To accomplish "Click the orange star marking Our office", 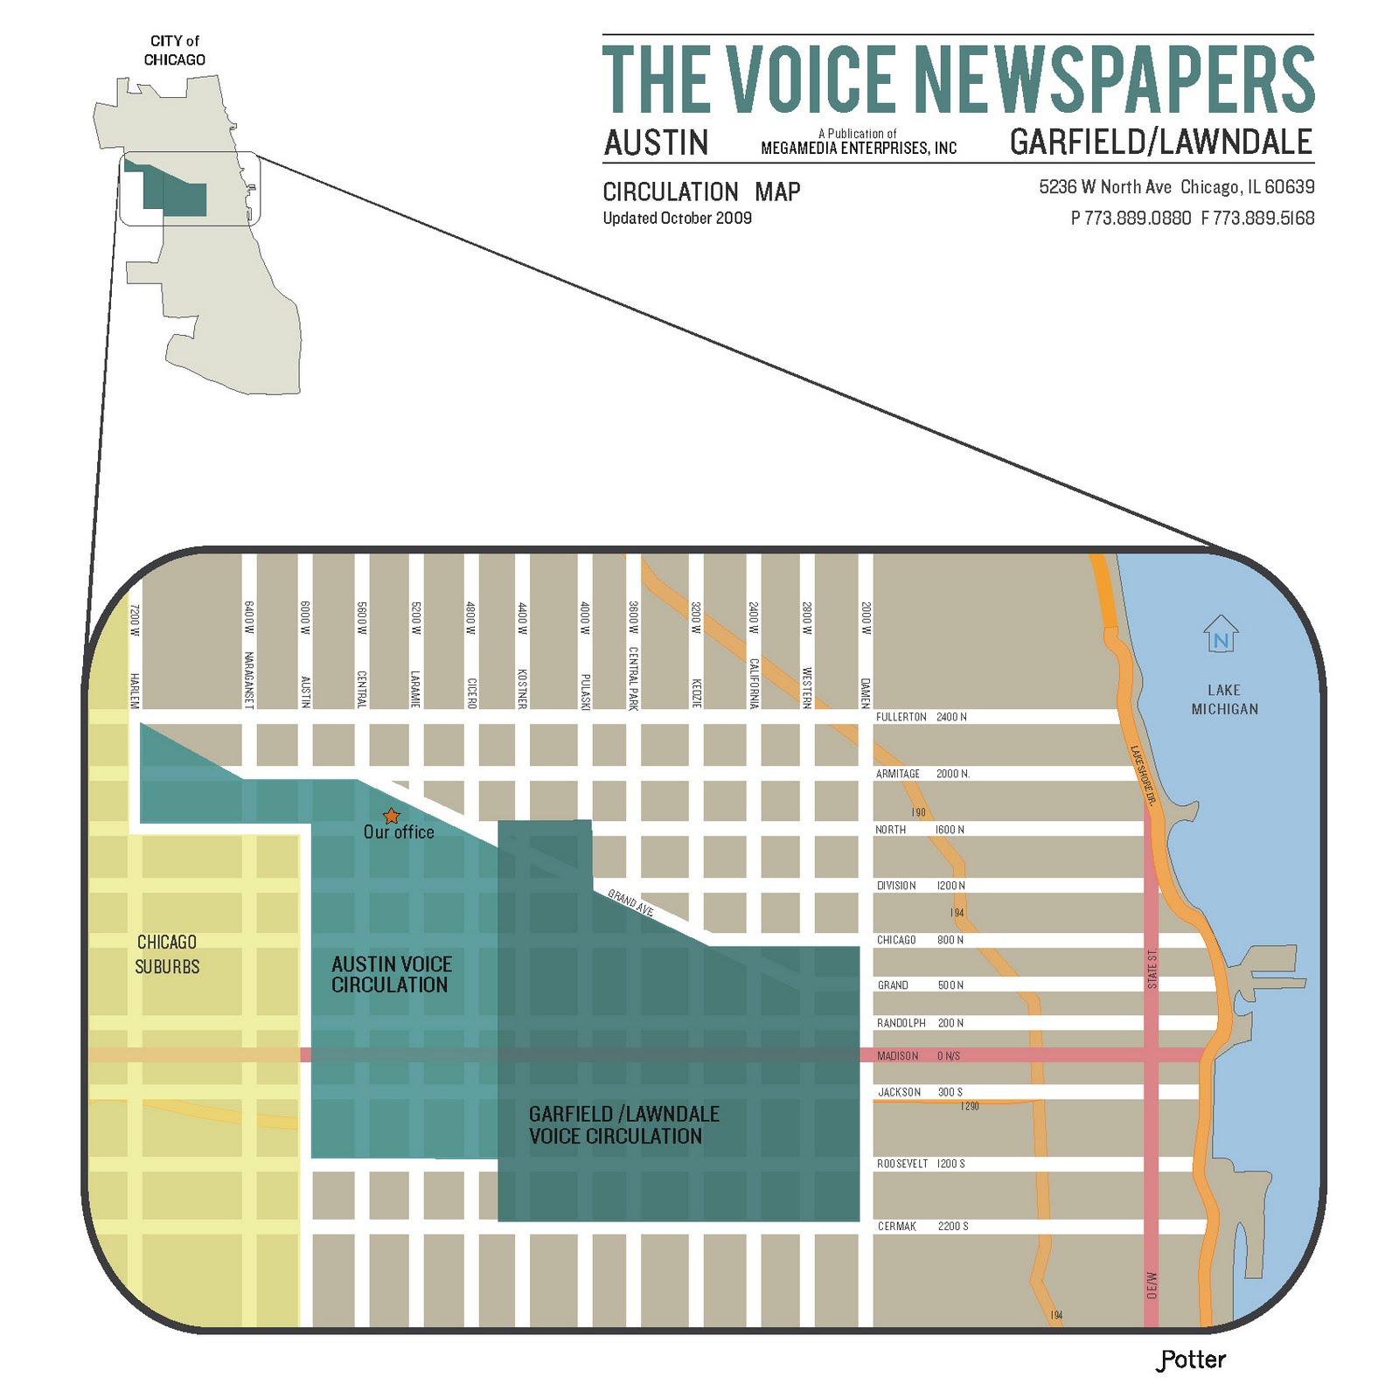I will coord(392,816).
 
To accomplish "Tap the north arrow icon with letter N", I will coord(1221,635).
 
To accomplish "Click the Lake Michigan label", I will coord(1224,699).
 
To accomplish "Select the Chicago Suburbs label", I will coord(167,954).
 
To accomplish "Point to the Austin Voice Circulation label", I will coord(391,974).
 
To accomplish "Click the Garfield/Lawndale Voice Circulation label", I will coord(623,1124).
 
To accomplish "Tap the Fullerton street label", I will coord(901,717).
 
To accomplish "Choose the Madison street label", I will coord(897,1056).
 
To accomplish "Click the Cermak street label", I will coord(897,1227).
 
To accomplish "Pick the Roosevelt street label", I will coord(902,1164).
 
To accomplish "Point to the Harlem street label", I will coord(135,691).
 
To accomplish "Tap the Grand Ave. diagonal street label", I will coord(631,902).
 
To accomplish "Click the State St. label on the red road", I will coord(1152,969).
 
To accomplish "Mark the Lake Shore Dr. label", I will coord(1143,775).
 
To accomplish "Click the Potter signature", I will coord(1191,1360).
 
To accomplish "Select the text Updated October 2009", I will coord(677,218).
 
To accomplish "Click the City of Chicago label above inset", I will coord(175,51).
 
